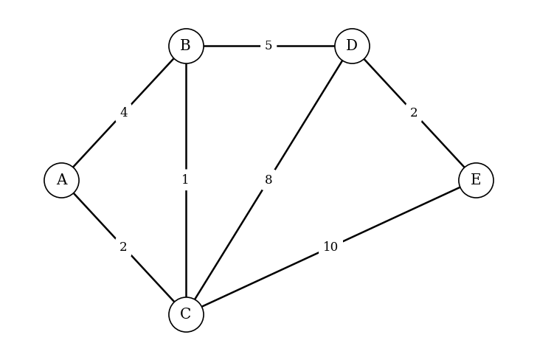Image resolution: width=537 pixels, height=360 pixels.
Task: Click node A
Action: tap(61, 180)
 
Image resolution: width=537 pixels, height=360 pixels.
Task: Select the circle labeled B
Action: tap(186, 46)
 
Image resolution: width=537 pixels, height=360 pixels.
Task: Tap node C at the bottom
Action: tap(186, 314)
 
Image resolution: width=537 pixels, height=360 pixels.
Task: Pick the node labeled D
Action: tap(352, 46)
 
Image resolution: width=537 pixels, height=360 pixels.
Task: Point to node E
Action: tap(476, 180)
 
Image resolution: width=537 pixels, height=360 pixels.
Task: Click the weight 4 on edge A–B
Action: tap(124, 113)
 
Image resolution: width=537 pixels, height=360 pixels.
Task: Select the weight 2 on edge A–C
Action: tap(123, 247)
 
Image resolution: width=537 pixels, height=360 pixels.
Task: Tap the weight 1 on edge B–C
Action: tap(185, 180)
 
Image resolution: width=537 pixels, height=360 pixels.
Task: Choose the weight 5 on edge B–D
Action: tap(268, 46)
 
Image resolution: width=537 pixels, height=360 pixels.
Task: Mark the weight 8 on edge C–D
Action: tap(268, 180)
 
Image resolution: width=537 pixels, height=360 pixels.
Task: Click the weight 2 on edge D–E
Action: tap(414, 113)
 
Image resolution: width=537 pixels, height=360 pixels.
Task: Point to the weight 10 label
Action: tap(330, 247)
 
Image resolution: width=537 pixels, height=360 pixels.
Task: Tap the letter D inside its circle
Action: tap(352, 46)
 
